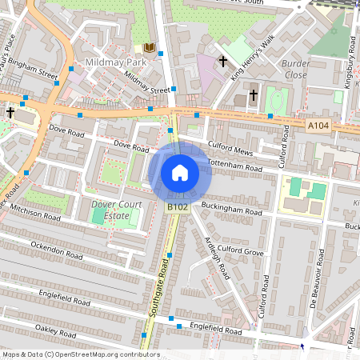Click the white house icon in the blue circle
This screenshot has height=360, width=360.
coord(180,173)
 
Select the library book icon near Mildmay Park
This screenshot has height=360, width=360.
coord(149,48)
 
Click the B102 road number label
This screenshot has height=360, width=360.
coord(178,207)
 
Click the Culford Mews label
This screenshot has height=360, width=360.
coord(230,148)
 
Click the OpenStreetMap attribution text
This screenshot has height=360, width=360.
coord(80,354)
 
